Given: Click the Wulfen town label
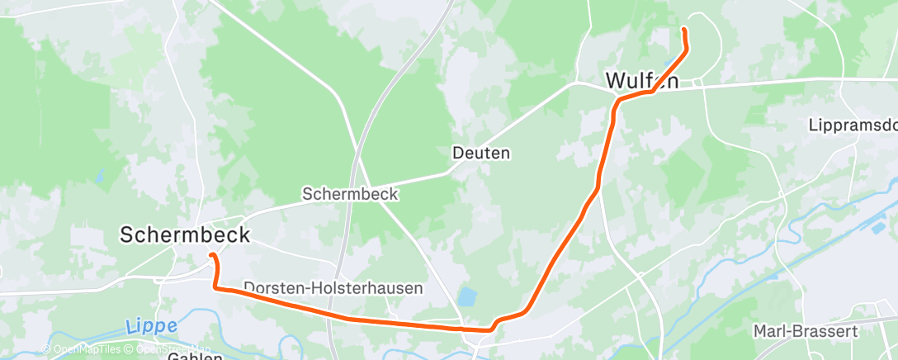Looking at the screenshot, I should pos(642,80).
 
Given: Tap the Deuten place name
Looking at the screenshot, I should pos(480,153).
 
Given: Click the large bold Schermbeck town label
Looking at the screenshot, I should pos(184,234).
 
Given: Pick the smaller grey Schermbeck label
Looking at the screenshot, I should pos(350,194).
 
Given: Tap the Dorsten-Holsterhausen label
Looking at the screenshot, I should pos(333,288).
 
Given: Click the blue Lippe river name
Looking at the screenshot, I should pos(152,326).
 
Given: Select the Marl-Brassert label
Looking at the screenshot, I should pos(806,331).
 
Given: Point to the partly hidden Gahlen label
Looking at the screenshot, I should pos(195,356).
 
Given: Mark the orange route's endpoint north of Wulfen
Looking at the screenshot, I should pos(683,31).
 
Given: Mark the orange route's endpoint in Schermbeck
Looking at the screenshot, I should pos(211,255).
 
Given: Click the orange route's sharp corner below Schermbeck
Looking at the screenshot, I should pos(215,287).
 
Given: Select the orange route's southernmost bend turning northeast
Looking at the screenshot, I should pos(491,329).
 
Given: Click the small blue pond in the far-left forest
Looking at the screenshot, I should pos(100,176).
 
